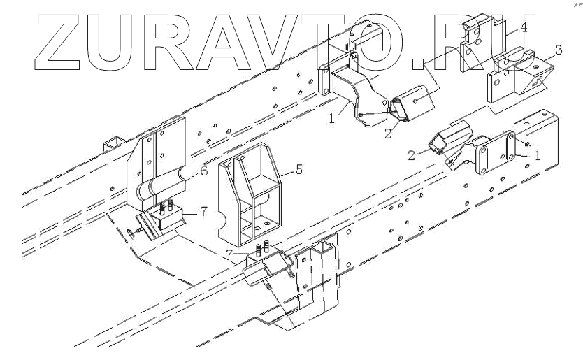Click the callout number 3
tap(558, 50)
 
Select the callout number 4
tap(524, 27)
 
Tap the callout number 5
tap(299, 170)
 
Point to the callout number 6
tap(203, 171)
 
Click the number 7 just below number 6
tap(203, 212)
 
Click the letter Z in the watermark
tap(57, 43)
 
